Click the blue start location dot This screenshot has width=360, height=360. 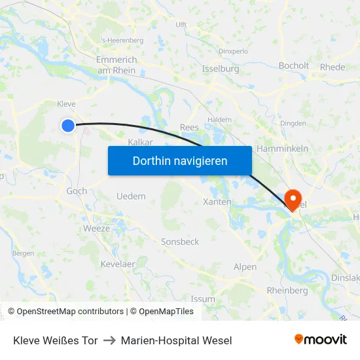point(68,126)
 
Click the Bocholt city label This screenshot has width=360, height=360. point(293,65)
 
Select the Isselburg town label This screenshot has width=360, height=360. point(221,69)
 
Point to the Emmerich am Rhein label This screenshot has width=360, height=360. point(117,65)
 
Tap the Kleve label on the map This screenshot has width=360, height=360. point(67,104)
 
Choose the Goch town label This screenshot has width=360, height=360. point(77,191)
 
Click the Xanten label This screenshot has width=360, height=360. point(217,202)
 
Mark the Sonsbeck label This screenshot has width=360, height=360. point(180,242)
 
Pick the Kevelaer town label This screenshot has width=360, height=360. point(118,263)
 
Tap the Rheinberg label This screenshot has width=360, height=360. point(287,291)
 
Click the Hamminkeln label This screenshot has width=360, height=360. point(283,149)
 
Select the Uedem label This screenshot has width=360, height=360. point(131,196)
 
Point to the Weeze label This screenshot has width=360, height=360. point(96,228)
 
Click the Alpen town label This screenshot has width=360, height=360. point(245,267)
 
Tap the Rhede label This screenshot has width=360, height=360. point(333,67)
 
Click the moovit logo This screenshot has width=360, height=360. point(320,340)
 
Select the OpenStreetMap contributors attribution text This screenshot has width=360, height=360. point(70,312)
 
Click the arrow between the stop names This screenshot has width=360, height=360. point(109,340)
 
